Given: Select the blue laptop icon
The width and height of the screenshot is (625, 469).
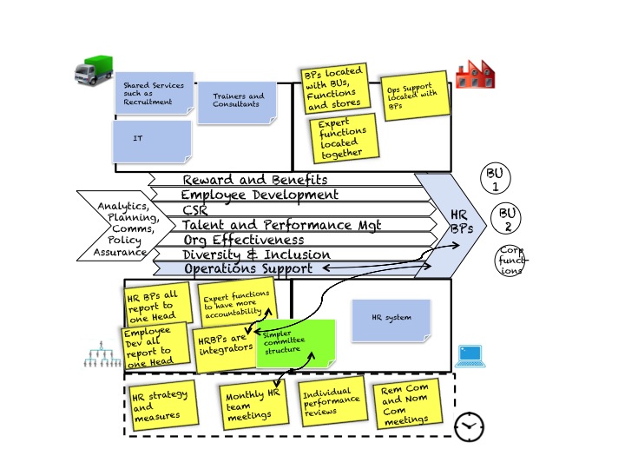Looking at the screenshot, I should coord(470,354).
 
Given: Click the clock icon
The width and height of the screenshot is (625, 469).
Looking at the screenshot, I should coord(469,426).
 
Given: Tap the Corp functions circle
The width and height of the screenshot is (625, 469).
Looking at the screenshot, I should coord(510,261).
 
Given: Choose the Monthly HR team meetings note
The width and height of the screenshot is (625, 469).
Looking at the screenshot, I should coord(253,403).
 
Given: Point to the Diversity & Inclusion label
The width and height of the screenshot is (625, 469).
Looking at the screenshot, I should coord(256,254).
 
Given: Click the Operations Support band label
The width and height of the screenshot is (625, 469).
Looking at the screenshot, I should coord(247,269).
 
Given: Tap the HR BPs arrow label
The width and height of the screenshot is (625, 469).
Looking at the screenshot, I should coord(460,221).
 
